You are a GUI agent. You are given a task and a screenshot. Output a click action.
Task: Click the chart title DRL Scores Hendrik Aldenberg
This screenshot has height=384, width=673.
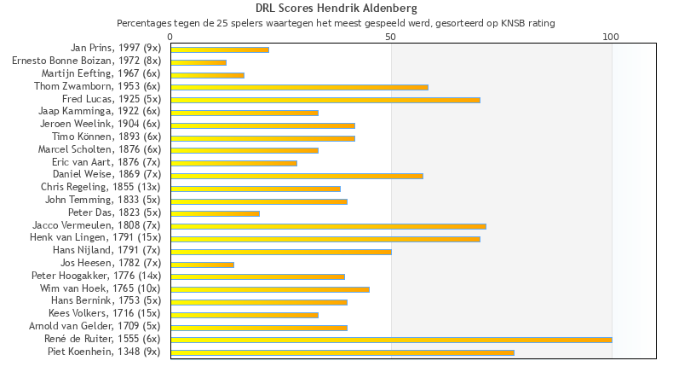pos(336,9)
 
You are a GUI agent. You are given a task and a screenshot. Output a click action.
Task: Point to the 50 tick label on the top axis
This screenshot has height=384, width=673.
pos(391,37)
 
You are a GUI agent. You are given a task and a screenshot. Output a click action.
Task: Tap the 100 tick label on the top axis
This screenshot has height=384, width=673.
pos(611,37)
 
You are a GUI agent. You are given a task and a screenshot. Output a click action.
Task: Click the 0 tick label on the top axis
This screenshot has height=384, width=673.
pos(170,37)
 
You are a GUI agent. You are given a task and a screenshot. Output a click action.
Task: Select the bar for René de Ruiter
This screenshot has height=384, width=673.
pos(391,340)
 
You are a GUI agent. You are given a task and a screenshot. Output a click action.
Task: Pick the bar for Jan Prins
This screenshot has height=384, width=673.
pos(220,49)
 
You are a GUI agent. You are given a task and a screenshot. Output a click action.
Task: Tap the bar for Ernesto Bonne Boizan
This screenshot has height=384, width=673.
pos(198,62)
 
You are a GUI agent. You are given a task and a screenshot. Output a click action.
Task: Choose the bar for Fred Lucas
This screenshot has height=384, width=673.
pos(325,100)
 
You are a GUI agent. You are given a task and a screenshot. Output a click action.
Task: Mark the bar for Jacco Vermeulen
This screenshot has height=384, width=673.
pos(328,226)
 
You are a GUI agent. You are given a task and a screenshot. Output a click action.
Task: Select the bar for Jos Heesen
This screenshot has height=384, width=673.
pos(202,265)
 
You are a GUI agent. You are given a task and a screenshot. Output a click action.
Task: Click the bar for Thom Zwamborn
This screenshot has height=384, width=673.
pos(299,87)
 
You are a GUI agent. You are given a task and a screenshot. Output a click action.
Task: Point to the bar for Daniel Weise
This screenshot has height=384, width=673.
pos(296,176)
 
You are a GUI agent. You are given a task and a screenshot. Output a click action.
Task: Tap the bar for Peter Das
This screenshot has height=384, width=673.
pos(215,213)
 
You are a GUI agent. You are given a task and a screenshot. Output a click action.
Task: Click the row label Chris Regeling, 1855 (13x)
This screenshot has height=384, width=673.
pos(101,187)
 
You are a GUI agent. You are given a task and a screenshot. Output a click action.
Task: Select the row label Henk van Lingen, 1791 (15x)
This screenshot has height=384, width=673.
pos(95,237)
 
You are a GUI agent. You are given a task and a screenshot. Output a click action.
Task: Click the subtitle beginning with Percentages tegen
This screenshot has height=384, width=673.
pos(336,23)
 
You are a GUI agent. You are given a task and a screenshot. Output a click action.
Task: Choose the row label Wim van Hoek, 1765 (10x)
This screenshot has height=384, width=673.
pos(99,288)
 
